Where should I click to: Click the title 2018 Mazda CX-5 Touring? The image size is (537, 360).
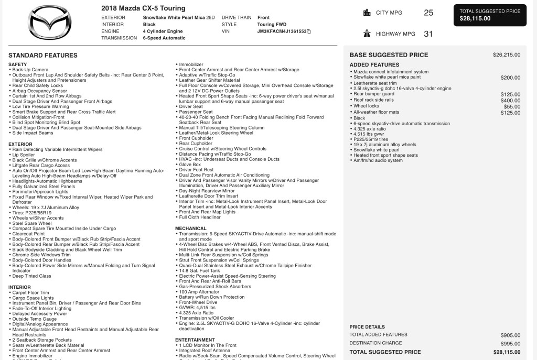(x=143, y=8)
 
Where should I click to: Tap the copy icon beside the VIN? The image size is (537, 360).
(x=309, y=31)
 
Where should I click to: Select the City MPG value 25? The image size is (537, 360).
(x=428, y=13)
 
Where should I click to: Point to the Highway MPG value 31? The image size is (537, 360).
(x=428, y=34)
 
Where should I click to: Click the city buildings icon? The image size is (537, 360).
(x=367, y=13)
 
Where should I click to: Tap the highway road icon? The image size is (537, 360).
(x=367, y=34)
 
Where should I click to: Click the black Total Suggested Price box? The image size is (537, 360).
(x=490, y=15)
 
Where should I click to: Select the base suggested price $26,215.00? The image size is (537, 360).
(x=507, y=54)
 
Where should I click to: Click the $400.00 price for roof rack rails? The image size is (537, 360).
(x=510, y=101)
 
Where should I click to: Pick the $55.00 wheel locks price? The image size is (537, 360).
(x=512, y=106)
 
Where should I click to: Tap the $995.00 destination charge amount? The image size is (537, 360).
(x=510, y=343)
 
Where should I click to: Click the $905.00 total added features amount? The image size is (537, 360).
(x=510, y=335)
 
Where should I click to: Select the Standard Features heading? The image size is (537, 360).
(x=43, y=55)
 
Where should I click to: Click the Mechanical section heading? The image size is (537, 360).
(x=191, y=228)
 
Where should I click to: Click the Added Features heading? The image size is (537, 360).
(x=374, y=65)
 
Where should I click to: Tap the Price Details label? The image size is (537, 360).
(x=367, y=327)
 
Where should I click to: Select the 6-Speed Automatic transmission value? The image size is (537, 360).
(x=164, y=38)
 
